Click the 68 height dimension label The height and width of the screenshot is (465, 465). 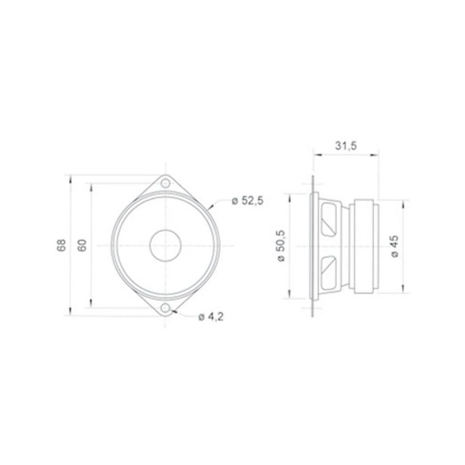[61, 245]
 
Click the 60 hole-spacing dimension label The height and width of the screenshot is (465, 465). [82, 245]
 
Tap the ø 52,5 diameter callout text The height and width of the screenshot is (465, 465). [247, 201]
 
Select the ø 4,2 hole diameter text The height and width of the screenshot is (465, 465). [211, 317]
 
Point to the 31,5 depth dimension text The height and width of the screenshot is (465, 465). [346, 146]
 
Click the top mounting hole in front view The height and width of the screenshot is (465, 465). [165, 183]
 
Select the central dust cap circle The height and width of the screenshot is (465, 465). [165, 245]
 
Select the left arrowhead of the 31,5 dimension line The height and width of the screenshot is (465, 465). [315, 155]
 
